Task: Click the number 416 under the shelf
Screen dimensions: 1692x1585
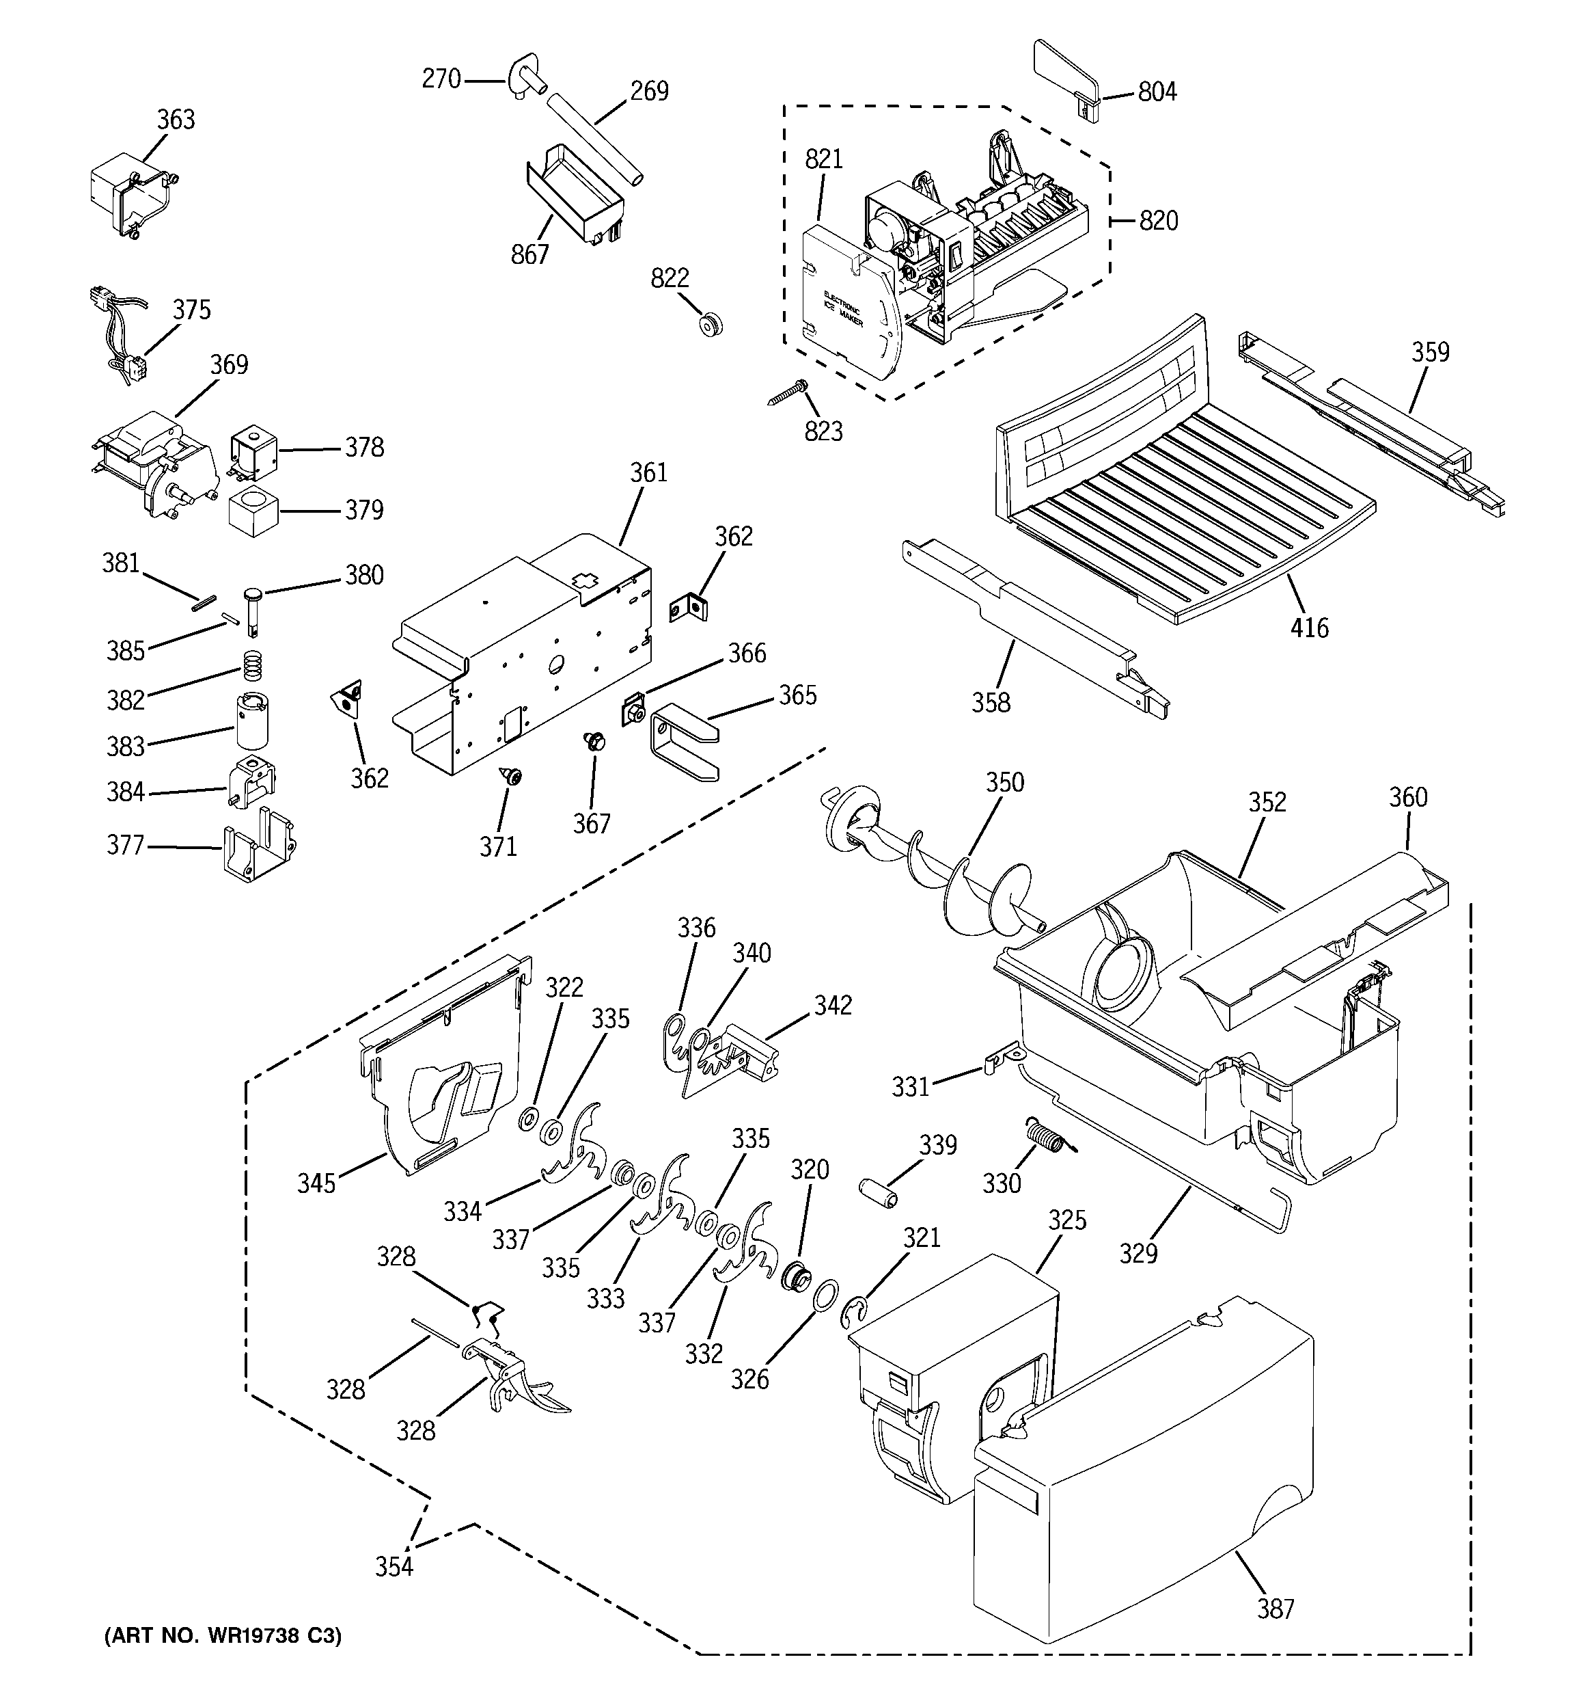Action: pyautogui.click(x=1308, y=628)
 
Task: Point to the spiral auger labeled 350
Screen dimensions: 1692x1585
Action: pyautogui.click(x=936, y=868)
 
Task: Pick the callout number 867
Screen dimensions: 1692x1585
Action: pyautogui.click(x=529, y=254)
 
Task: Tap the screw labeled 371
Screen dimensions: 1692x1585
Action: pyautogui.click(x=512, y=775)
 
